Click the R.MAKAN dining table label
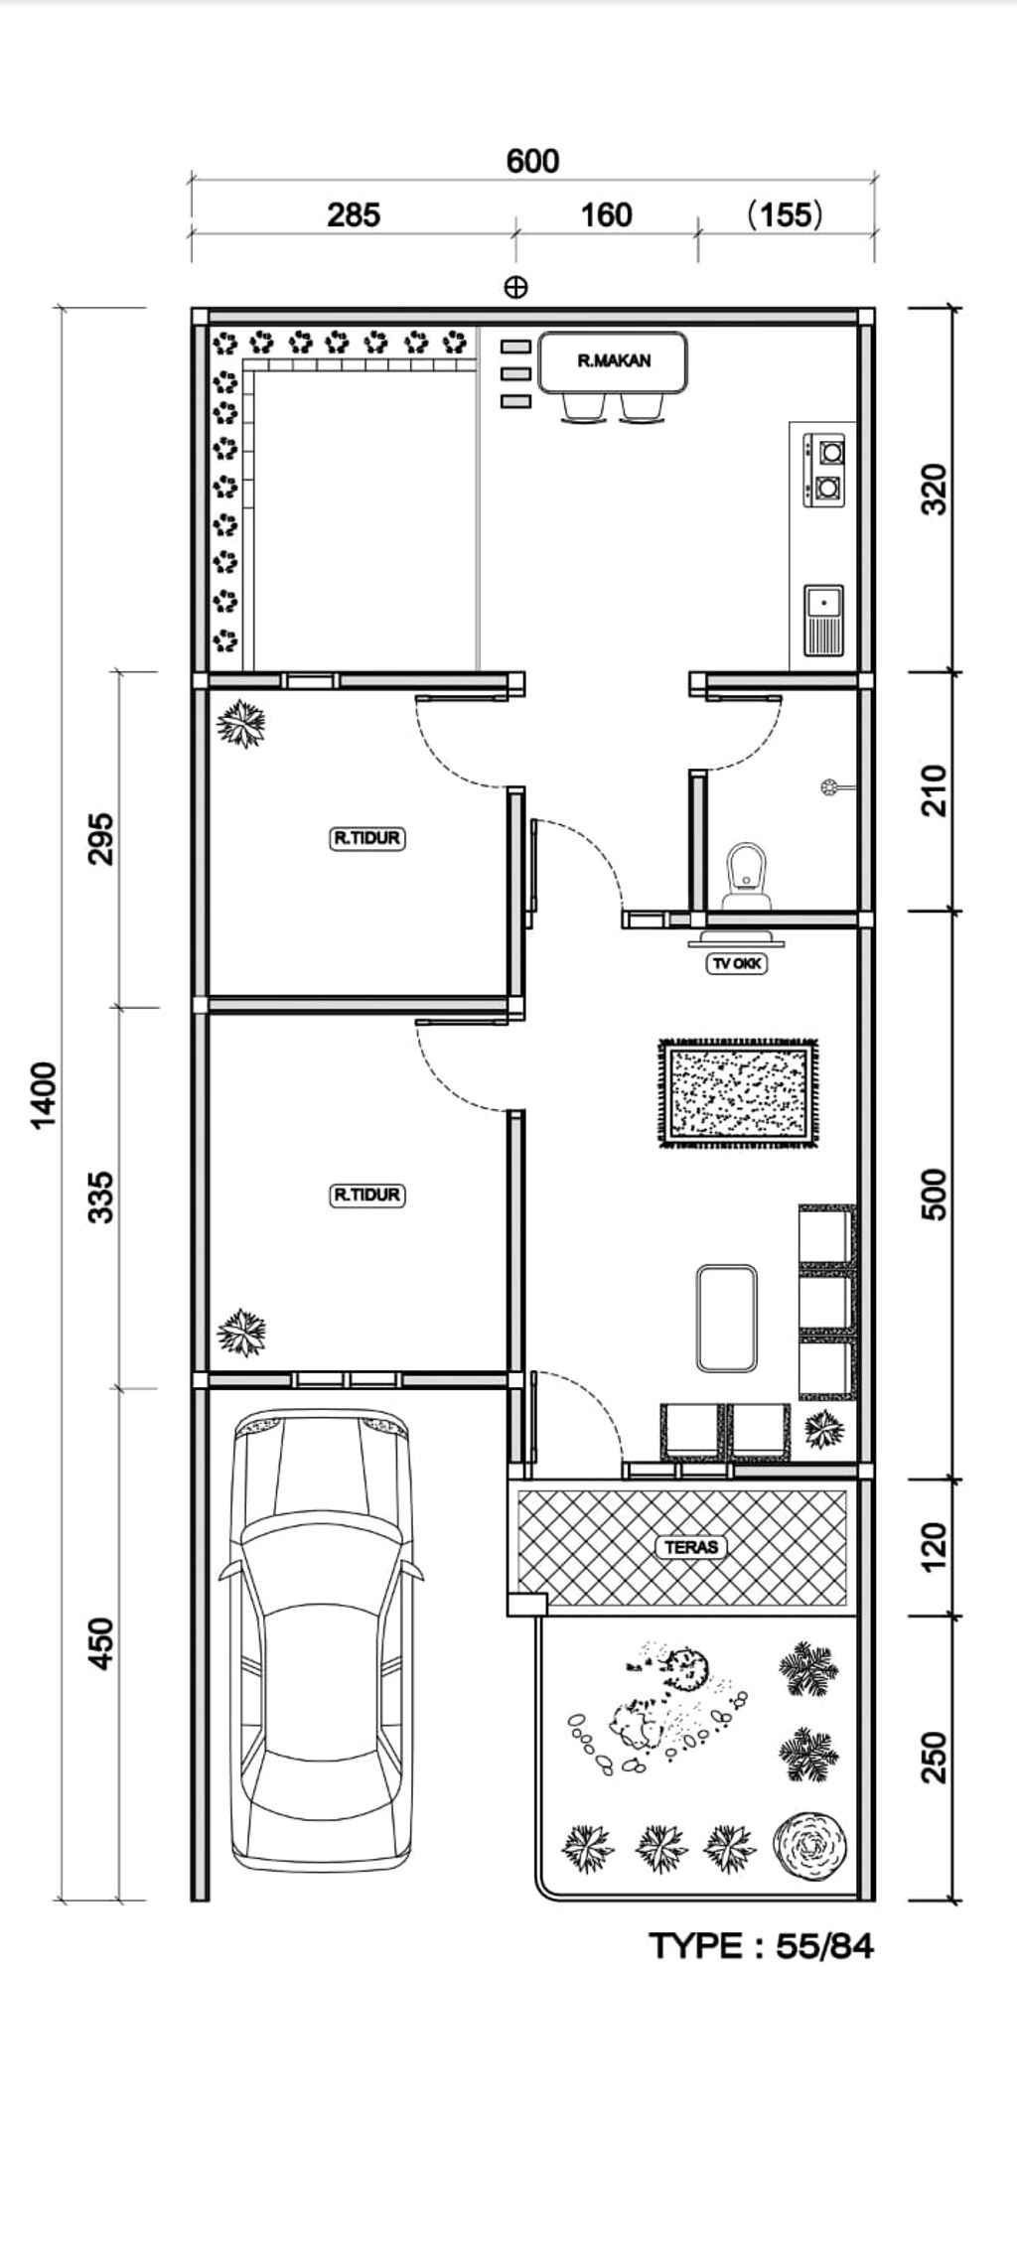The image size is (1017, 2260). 614,360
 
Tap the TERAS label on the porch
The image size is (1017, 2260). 690,1546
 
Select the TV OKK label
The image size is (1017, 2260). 737,962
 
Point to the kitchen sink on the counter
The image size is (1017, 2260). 823,621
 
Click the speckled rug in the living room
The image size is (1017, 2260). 739,1093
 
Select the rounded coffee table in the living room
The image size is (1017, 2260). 727,1318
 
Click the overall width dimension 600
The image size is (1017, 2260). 532,161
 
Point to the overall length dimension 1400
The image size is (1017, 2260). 45,1095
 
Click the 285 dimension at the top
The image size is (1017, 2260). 354,214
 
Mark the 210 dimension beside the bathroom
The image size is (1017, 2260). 935,789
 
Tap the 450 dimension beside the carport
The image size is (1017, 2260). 101,1643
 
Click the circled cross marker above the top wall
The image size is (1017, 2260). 515,288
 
